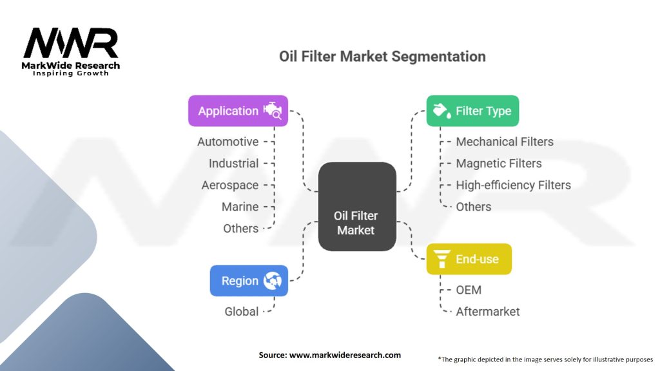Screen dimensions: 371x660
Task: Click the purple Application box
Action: click(x=238, y=111)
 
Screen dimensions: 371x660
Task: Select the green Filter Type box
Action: click(x=472, y=111)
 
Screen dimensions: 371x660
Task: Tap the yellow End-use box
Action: click(x=469, y=259)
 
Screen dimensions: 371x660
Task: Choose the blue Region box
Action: click(x=249, y=281)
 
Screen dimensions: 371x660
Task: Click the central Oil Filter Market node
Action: click(x=356, y=207)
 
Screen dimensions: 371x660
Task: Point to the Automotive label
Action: click(x=228, y=142)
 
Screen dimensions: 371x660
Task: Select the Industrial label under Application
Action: click(x=233, y=164)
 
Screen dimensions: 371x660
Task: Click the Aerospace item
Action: click(x=230, y=185)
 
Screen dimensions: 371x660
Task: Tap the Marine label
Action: click(x=240, y=207)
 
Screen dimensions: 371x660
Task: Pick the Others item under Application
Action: click(x=240, y=229)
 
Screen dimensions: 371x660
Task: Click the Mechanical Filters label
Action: click(x=505, y=142)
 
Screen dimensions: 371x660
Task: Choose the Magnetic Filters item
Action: click(x=499, y=164)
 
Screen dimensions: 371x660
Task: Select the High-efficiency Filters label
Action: click(x=513, y=185)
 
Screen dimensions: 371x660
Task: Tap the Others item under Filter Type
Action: click(x=474, y=207)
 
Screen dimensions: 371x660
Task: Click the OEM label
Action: click(x=469, y=290)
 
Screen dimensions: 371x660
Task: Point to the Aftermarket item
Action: click(x=487, y=312)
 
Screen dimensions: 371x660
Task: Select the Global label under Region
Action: click(x=242, y=312)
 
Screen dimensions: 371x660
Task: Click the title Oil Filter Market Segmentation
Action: click(x=382, y=56)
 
